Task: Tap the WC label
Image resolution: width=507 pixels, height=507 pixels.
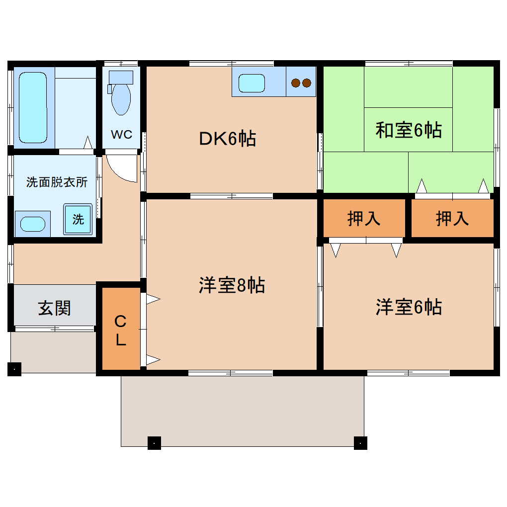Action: (x=121, y=135)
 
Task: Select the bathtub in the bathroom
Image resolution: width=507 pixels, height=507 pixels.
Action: (x=33, y=106)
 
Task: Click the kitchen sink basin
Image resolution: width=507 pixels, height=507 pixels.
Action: (x=252, y=83)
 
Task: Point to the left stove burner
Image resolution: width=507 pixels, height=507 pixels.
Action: (x=296, y=83)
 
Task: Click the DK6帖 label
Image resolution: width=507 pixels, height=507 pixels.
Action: (x=228, y=138)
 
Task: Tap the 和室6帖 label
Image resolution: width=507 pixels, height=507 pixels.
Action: (x=408, y=130)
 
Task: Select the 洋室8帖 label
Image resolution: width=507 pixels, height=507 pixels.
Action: (x=232, y=285)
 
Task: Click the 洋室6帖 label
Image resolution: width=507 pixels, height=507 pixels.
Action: (x=409, y=307)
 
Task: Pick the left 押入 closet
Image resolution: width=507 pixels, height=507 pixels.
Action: (x=364, y=218)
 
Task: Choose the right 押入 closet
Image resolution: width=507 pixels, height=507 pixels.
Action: (x=452, y=218)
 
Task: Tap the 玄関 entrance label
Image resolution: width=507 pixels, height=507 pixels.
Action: (x=55, y=308)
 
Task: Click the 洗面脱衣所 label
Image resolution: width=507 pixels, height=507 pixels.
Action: (x=56, y=182)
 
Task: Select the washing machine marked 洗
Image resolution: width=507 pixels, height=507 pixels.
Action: (x=78, y=219)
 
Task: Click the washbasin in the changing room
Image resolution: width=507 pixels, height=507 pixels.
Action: (x=33, y=224)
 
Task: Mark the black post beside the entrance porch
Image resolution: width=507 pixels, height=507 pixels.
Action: (x=14, y=369)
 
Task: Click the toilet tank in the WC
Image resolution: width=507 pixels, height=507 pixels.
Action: (x=121, y=77)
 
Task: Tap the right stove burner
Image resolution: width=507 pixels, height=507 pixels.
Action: (x=306, y=83)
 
